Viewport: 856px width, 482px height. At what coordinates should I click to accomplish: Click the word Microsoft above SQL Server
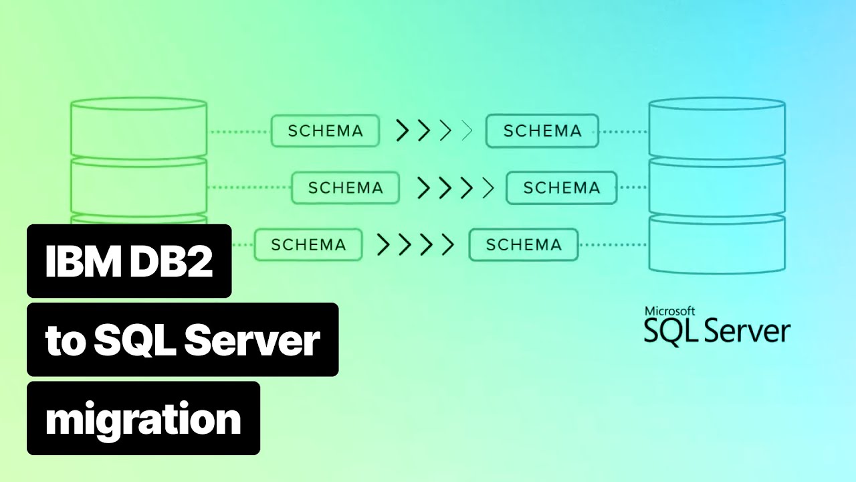click(x=669, y=311)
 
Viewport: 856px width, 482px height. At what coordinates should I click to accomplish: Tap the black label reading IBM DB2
click(x=129, y=261)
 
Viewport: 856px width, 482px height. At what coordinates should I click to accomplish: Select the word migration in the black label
click(x=143, y=418)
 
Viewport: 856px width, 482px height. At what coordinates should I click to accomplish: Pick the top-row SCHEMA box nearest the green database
click(x=325, y=131)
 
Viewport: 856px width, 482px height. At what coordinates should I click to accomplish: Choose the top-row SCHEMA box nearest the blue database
click(x=542, y=131)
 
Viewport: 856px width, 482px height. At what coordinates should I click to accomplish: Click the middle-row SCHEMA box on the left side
click(x=345, y=188)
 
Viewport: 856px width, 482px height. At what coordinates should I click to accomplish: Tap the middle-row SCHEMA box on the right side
click(x=561, y=188)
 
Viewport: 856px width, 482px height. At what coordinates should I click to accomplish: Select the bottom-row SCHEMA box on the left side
click(x=308, y=245)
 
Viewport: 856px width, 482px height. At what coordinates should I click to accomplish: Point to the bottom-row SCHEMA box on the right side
click(x=524, y=245)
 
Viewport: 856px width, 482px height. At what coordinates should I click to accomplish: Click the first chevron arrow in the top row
click(x=402, y=131)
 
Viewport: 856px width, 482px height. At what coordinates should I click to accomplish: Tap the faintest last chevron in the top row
click(x=467, y=131)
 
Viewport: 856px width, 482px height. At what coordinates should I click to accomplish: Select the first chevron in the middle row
click(x=423, y=188)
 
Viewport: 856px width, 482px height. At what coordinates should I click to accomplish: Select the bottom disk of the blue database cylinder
click(x=717, y=244)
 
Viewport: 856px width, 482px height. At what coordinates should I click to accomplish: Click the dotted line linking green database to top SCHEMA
click(x=239, y=131)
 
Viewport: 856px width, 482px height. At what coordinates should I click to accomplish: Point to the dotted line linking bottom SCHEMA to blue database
click(x=613, y=245)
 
